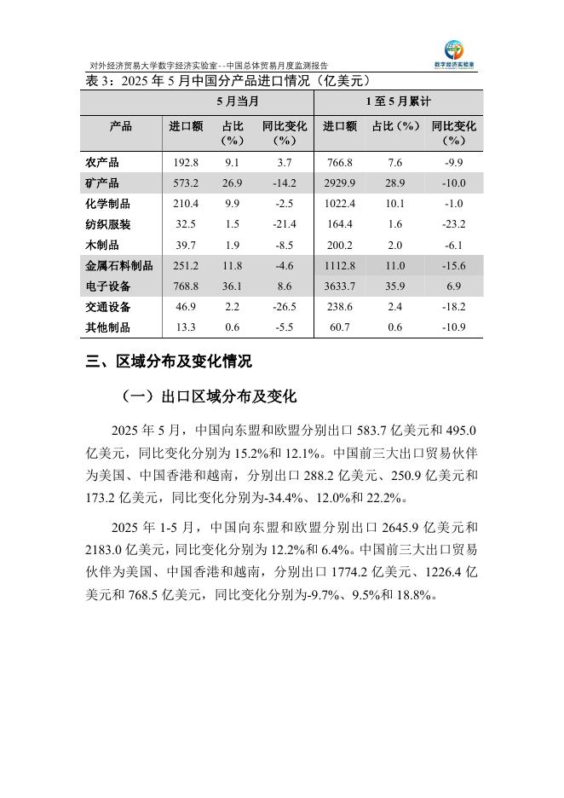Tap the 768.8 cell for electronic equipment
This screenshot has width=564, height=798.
(x=185, y=286)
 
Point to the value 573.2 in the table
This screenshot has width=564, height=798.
(x=185, y=183)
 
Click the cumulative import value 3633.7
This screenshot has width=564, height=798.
(x=339, y=286)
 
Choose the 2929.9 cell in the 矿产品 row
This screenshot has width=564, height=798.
(x=339, y=183)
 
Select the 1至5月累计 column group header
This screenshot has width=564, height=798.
(x=398, y=101)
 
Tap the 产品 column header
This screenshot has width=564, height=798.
(x=121, y=126)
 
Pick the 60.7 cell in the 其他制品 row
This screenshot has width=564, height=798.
(x=339, y=327)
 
